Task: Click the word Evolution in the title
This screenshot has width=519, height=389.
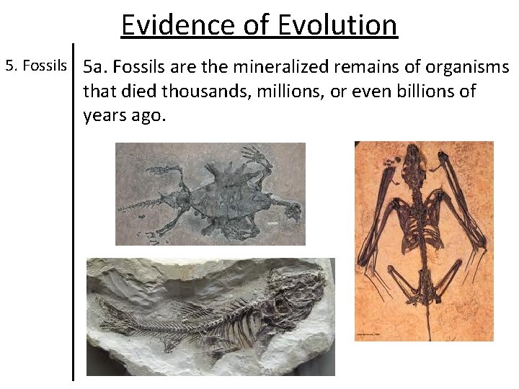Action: tap(336, 25)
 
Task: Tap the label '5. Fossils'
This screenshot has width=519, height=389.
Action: tap(36, 67)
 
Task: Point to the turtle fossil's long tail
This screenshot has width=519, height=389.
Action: tap(141, 206)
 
